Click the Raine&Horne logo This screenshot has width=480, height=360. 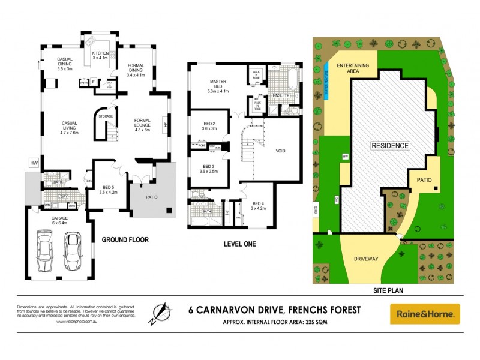425,313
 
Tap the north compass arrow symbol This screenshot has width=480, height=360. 159,313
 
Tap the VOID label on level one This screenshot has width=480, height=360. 280,151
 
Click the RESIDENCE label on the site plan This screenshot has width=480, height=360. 389,146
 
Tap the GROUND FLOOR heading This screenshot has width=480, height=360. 125,239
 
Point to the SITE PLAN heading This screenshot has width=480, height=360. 388,290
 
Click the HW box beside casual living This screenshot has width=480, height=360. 34,163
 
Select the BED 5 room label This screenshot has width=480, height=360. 108,190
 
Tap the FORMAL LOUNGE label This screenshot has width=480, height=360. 146,124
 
